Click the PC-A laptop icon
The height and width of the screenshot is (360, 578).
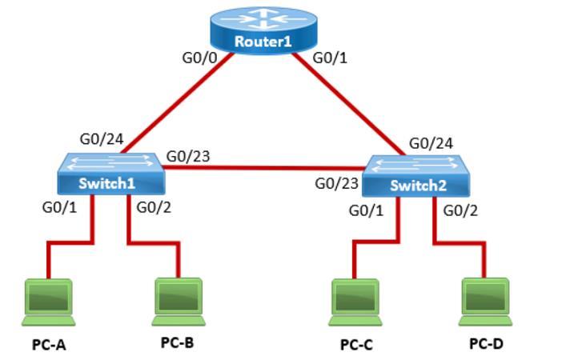click(x=48, y=301)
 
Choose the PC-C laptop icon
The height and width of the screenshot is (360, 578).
click(x=355, y=301)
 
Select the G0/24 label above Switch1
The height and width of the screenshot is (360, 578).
click(x=101, y=139)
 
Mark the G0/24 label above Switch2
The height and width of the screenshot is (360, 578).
click(x=431, y=143)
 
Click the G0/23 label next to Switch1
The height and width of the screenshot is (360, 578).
click(x=188, y=156)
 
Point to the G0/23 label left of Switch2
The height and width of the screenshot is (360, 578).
click(x=336, y=183)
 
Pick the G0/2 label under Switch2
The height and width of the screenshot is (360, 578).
click(x=460, y=210)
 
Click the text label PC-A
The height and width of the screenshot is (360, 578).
click(x=48, y=345)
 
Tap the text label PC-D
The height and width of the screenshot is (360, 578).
click(x=486, y=344)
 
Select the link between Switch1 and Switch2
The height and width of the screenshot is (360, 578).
click(x=264, y=168)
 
